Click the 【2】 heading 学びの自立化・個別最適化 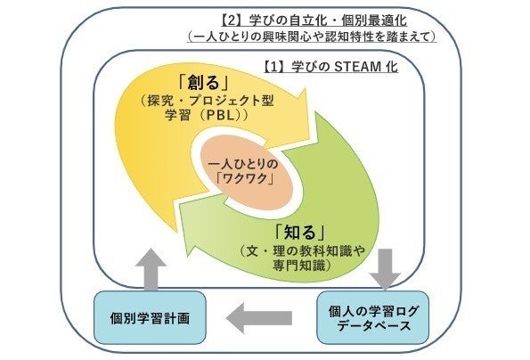coord(314,20)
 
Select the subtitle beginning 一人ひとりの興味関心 coord(311,37)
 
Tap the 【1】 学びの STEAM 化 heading coord(330,67)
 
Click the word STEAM coord(357,67)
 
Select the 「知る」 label coord(300,232)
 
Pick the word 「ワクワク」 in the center coord(246,178)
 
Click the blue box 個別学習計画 coord(150,318)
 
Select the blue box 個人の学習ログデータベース coord(373,318)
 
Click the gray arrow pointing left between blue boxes coord(259,318)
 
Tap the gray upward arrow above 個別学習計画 coord(151,269)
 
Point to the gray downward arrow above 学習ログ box coord(385,269)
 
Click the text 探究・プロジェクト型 coord(207,101)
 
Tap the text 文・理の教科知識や coord(303,251)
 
